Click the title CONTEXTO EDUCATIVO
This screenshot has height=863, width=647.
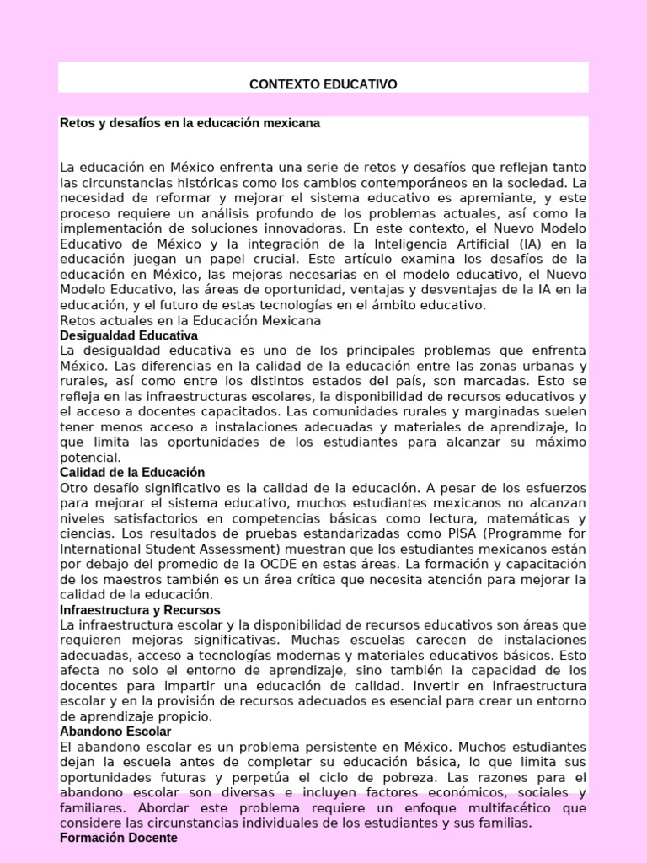323,84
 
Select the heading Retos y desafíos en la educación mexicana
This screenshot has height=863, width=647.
190,123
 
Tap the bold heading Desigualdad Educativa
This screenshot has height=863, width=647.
129,335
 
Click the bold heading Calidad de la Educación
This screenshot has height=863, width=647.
132,472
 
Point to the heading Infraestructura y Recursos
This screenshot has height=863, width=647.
140,609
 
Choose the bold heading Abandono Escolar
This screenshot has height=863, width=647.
115,732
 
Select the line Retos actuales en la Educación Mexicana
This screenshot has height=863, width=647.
190,321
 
